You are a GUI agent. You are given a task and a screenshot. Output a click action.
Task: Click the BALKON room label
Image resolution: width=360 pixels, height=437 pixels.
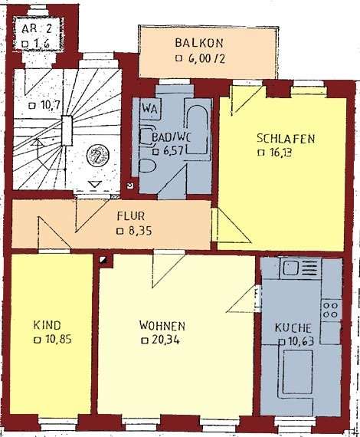click(199, 43)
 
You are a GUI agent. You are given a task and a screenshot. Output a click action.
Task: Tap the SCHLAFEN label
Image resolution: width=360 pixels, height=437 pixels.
click(286, 139)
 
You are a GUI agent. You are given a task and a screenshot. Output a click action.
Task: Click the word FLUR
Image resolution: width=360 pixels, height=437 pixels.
click(131, 216)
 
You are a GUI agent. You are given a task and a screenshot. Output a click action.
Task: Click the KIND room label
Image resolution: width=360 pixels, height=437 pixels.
click(47, 325)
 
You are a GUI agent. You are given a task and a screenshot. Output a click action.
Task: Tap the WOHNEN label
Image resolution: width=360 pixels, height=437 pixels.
click(162, 326)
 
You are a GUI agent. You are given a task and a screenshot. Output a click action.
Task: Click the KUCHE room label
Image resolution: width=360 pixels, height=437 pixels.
click(293, 328)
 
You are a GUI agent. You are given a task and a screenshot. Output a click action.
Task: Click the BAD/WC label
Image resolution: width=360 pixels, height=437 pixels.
click(171, 138)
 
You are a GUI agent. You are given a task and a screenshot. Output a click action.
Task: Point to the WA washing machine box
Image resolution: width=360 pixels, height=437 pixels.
click(150, 109)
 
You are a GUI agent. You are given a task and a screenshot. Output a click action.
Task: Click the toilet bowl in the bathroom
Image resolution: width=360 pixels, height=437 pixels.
click(147, 166)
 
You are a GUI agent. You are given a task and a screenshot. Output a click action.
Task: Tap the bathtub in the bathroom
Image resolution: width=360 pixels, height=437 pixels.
click(197, 130)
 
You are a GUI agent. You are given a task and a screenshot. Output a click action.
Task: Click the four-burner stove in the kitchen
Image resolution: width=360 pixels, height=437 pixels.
click(330, 310)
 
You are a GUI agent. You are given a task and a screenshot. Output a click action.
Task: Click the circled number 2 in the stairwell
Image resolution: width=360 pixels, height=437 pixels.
click(98, 156)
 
